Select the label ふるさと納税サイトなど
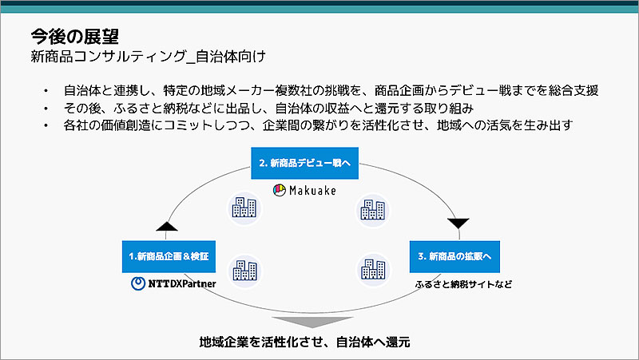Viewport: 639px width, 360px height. point(462,283)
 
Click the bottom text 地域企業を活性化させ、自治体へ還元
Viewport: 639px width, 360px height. point(304,342)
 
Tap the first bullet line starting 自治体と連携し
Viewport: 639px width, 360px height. point(331,91)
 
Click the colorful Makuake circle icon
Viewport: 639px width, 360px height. point(279,191)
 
